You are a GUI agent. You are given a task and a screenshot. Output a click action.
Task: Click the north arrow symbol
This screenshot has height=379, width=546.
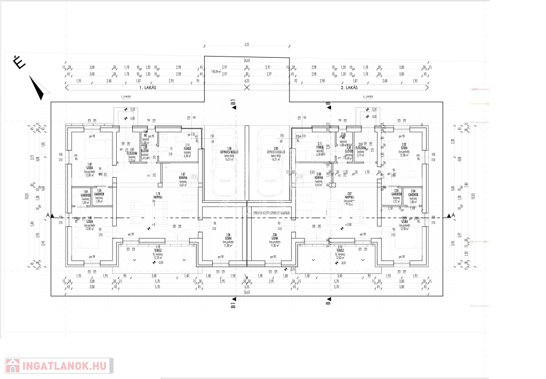(36, 88)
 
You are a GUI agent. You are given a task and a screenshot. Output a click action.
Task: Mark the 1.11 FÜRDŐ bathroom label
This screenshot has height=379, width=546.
(187, 148)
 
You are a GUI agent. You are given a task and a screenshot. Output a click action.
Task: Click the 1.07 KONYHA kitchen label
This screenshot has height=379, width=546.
(182, 176)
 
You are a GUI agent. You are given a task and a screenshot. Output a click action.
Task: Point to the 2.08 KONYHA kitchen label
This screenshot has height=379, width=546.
(319, 176)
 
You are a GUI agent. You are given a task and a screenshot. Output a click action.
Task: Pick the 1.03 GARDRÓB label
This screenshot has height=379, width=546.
(99, 194)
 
